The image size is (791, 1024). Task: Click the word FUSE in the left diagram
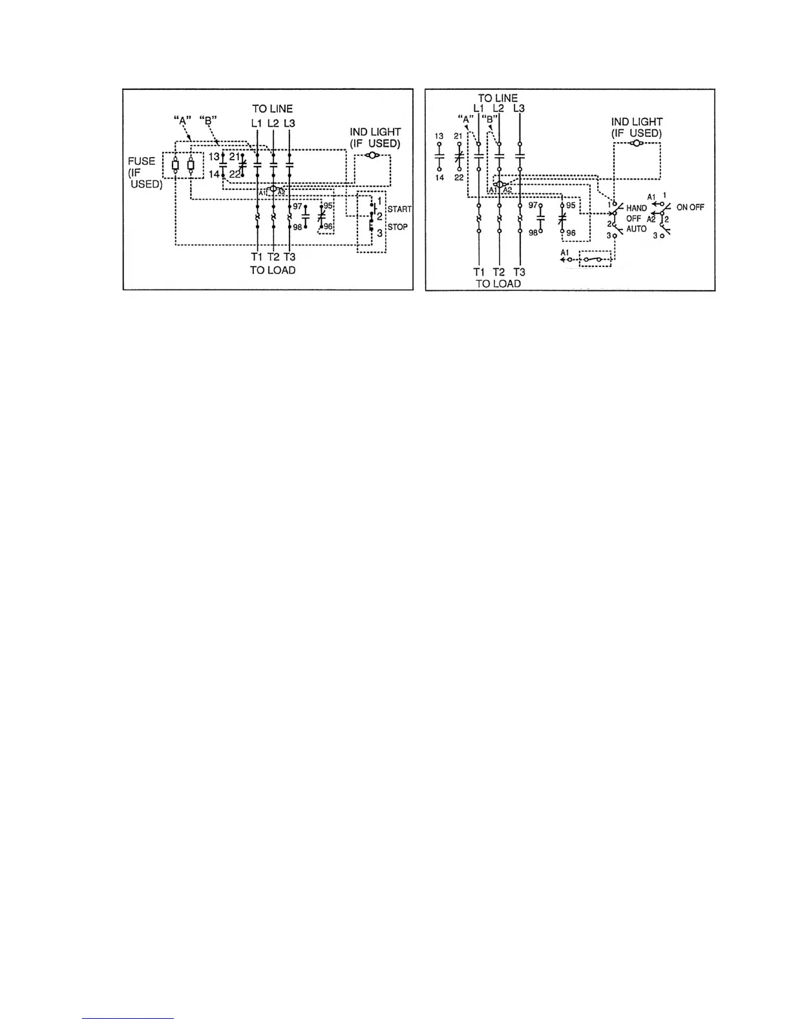(x=141, y=162)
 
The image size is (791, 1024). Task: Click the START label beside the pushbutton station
(x=399, y=209)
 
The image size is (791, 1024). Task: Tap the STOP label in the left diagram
(x=397, y=227)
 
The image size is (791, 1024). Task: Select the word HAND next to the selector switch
(x=637, y=209)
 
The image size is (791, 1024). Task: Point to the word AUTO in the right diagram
(x=637, y=229)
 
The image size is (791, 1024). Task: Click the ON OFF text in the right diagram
(x=690, y=208)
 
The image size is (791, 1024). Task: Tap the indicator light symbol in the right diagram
(x=637, y=142)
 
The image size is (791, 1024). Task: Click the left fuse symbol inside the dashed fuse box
(x=175, y=165)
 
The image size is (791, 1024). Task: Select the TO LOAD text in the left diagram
(x=273, y=270)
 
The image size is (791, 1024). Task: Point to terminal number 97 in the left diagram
(x=297, y=206)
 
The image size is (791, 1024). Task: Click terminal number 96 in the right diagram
(x=571, y=233)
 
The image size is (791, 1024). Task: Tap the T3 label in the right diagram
(x=519, y=272)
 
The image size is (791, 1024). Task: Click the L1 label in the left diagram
(x=257, y=123)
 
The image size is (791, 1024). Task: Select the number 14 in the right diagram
(x=439, y=178)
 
